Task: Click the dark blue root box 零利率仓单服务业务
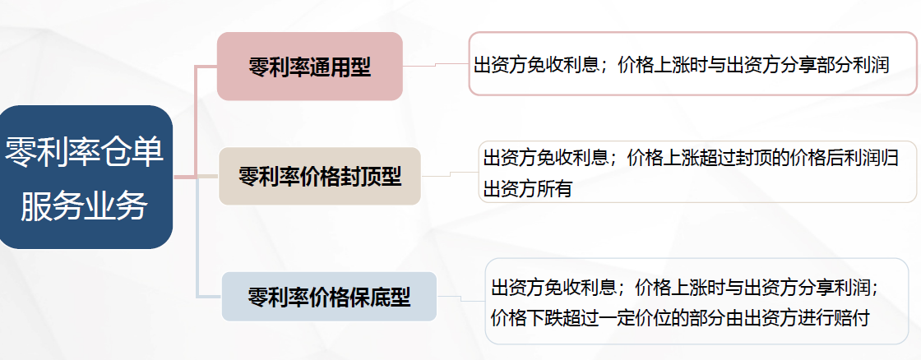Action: tap(86, 177)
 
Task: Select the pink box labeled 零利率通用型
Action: tap(309, 67)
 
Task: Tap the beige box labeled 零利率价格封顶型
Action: tap(320, 176)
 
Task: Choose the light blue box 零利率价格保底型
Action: tap(329, 297)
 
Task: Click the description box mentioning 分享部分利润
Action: tap(692, 63)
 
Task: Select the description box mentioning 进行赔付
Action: tap(697, 302)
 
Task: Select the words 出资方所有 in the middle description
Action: tap(528, 189)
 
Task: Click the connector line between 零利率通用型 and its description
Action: tap(435, 65)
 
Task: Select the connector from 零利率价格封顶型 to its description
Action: tap(450, 173)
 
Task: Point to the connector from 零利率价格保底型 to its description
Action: tap(461, 299)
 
